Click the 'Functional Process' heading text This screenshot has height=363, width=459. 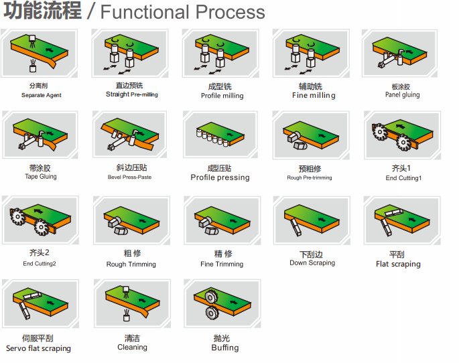pos(183,11)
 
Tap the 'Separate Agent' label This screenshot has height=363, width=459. pos(42,95)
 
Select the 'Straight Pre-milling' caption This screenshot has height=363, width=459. pos(132,94)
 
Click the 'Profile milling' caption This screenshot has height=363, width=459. pos(222,96)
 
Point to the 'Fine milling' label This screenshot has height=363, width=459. pos(314,95)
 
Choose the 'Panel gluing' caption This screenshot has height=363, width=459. pos(402,94)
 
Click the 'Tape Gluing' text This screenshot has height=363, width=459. pos(41,176)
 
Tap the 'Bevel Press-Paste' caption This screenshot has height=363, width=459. pos(129,177)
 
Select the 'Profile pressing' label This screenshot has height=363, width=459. pos(220,177)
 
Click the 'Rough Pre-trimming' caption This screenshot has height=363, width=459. pos(310,177)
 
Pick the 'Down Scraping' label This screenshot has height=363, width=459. pos(312,263)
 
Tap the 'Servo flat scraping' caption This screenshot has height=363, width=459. pos(38,348)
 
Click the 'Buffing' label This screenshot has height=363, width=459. pos(225,348)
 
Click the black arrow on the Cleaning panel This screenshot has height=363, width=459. pos(142,301)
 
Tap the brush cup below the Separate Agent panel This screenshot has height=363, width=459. pos(33,66)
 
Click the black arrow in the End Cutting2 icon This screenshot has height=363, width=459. pos(38,211)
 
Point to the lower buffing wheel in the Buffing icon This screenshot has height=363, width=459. pos(211,312)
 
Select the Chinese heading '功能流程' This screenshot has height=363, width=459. pos(42,11)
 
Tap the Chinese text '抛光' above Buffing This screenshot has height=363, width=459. pos(222,338)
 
